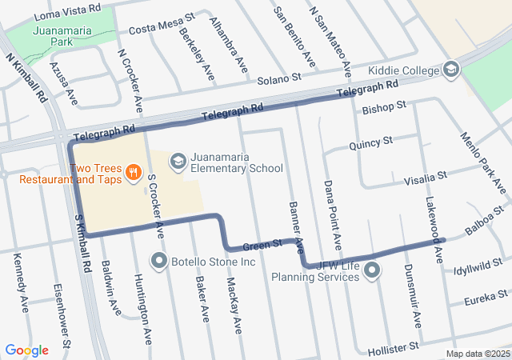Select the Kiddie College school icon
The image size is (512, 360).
click(x=451, y=70)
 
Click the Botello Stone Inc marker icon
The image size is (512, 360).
click(x=160, y=261)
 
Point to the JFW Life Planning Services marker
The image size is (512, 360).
click(x=372, y=270)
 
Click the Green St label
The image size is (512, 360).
click(x=262, y=243)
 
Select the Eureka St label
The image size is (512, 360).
click(x=483, y=301)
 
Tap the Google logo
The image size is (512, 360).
click(x=26, y=350)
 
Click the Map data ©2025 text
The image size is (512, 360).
click(x=478, y=354)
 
